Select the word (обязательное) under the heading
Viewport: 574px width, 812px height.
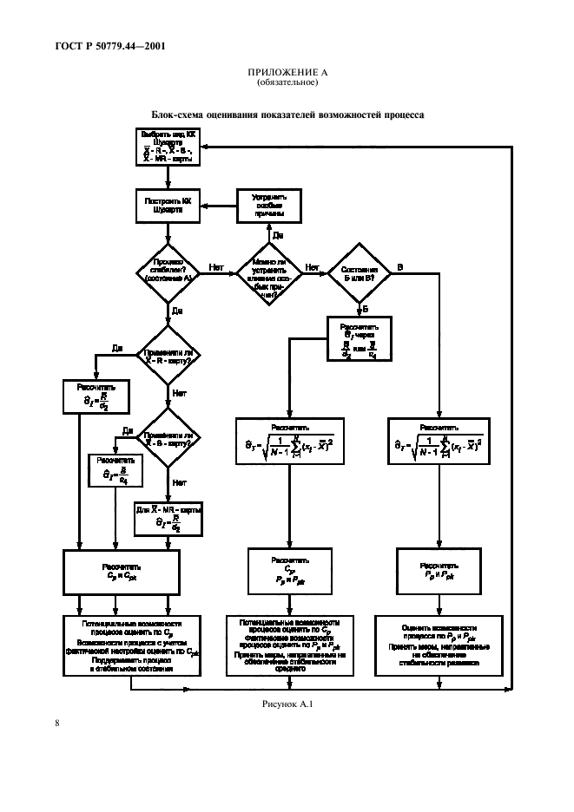point(286,84)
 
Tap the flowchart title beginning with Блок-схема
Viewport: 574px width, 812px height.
point(287,115)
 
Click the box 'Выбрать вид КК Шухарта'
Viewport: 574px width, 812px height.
point(168,147)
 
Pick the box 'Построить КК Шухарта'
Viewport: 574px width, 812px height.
point(168,206)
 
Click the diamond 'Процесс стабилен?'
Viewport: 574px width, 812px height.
point(168,272)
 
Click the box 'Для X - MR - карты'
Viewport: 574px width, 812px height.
point(168,518)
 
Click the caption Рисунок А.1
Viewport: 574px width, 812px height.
point(286,704)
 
